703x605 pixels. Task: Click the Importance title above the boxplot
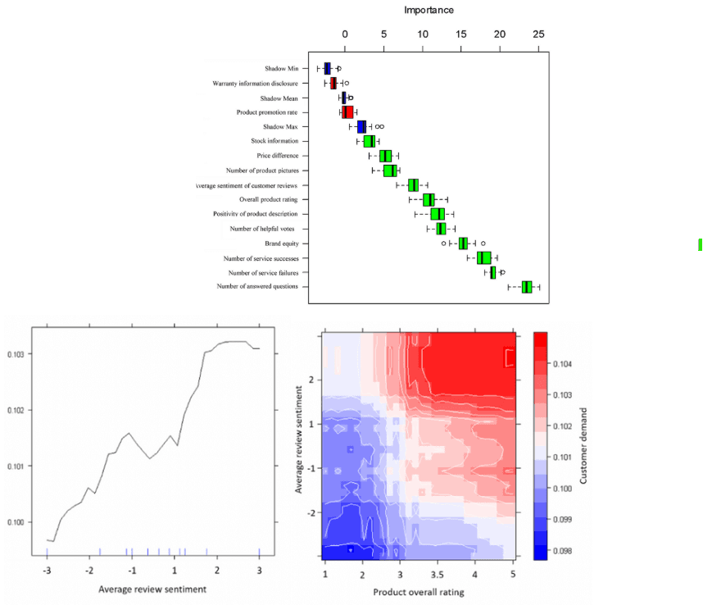pos(429,10)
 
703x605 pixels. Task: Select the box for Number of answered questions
pos(527,287)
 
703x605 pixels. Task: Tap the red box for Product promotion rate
pos(347,112)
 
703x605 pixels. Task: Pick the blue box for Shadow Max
pos(361,127)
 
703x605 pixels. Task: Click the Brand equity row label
pos(281,243)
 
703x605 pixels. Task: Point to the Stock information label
pos(274,141)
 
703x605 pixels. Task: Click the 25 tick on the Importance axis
pos(538,34)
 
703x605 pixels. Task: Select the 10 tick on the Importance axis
pos(422,34)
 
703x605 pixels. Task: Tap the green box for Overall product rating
pos(429,199)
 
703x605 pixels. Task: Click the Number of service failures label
pos(263,272)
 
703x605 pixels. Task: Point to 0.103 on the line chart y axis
pos(16,354)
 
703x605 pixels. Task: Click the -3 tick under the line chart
pos(48,571)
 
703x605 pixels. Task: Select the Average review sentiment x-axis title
pos(152,589)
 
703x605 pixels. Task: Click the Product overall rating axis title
pos(419,591)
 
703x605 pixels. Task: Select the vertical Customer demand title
pos(583,445)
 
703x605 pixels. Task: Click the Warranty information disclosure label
pos(255,84)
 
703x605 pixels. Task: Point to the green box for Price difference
pos(385,156)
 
